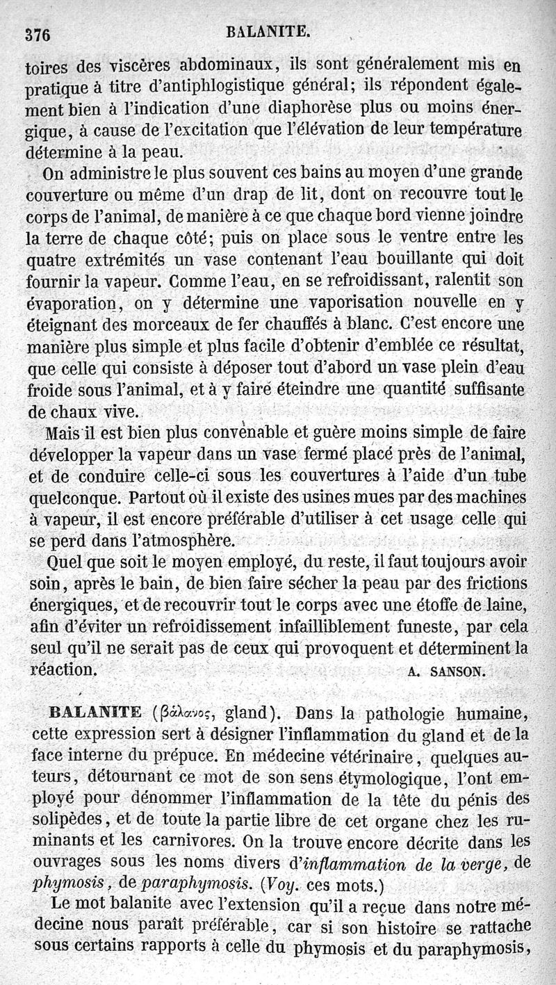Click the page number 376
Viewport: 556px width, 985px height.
coord(39,35)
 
